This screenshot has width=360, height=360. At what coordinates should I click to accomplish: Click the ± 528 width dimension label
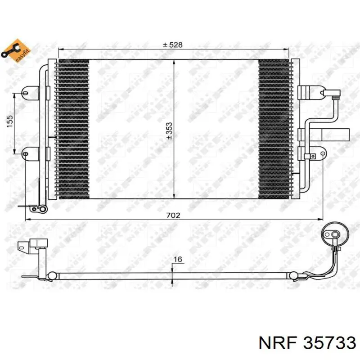click(x=172, y=45)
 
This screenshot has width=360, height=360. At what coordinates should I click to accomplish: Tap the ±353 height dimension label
click(x=169, y=131)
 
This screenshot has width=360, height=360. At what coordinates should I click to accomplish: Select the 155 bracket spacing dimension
click(x=10, y=121)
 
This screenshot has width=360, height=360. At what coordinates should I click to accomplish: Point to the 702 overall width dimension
click(x=173, y=216)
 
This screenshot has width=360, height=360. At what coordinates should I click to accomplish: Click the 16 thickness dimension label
click(x=178, y=259)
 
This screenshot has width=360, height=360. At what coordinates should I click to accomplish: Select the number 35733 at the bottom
click(x=329, y=343)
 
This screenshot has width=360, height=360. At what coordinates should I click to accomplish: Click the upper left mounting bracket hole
click(x=25, y=93)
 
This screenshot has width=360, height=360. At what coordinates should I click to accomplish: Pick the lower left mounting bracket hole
click(x=26, y=153)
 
